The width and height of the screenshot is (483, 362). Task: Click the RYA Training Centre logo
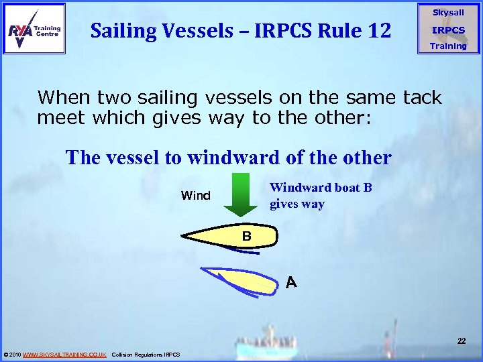click(x=34, y=28)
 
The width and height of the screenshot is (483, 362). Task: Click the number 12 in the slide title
click(x=376, y=29)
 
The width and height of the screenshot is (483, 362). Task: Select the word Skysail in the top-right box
click(x=447, y=13)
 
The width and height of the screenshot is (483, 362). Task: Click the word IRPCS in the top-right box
click(x=447, y=30)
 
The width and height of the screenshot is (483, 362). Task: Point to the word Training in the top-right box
click(x=447, y=46)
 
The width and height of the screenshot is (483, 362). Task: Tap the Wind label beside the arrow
click(x=195, y=196)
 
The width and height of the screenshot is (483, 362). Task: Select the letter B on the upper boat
click(x=246, y=236)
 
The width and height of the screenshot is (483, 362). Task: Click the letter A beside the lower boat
click(x=291, y=283)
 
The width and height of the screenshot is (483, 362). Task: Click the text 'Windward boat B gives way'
click(x=320, y=196)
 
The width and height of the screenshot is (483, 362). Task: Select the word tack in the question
click(x=422, y=98)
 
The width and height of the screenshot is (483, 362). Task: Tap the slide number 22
click(x=462, y=341)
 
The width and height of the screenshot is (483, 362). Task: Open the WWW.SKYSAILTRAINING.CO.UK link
click(x=64, y=354)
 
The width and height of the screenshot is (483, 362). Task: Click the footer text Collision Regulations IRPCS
click(x=146, y=354)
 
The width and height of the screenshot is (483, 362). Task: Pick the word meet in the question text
click(x=57, y=118)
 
